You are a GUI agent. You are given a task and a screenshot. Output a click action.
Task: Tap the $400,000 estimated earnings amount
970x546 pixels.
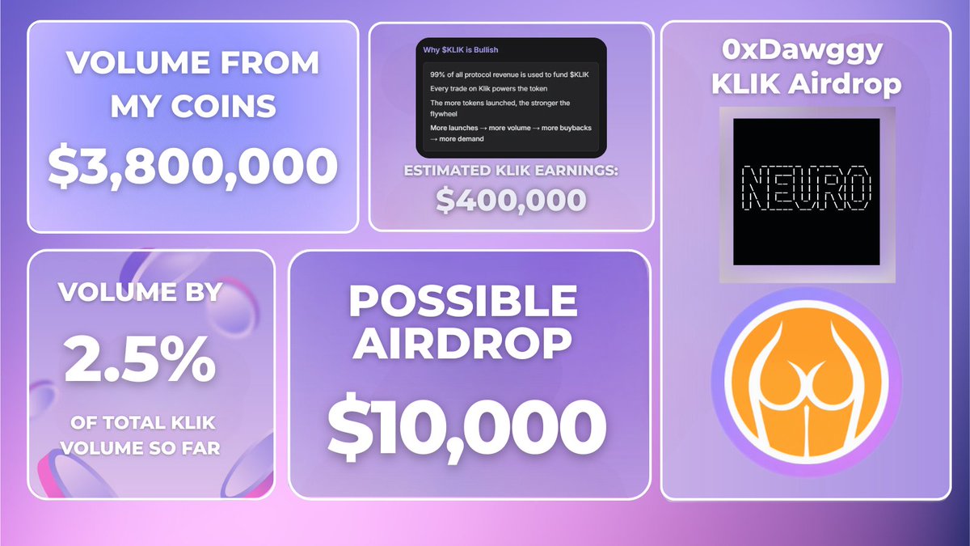point(510,198)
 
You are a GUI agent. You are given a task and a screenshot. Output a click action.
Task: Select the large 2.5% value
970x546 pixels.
point(140,361)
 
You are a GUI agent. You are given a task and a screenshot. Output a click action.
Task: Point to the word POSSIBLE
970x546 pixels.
point(463,302)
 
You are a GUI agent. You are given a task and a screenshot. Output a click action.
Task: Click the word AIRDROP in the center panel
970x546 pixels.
point(463,343)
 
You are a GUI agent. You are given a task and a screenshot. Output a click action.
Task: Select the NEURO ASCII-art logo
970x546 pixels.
point(805,191)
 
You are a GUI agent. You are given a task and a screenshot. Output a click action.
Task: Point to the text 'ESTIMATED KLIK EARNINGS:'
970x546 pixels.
point(510,171)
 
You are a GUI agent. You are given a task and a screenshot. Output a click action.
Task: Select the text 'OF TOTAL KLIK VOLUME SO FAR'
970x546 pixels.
point(140,435)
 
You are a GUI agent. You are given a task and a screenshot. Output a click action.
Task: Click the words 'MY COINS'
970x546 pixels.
point(192,105)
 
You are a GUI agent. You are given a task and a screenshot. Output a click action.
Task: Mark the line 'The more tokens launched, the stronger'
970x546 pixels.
point(500,103)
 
